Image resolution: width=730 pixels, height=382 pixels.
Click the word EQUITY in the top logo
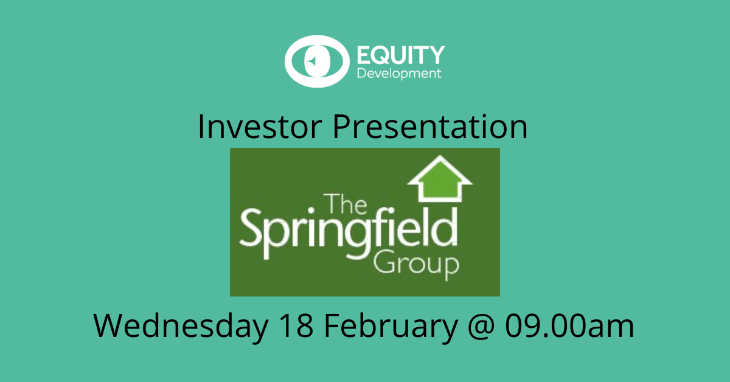[x=400, y=55]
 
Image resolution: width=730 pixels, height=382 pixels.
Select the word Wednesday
[x=180, y=326]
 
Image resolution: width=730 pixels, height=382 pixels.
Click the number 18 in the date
[x=296, y=326]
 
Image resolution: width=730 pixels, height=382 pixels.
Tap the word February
[x=390, y=326]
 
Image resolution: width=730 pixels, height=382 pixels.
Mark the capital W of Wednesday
[x=109, y=326]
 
